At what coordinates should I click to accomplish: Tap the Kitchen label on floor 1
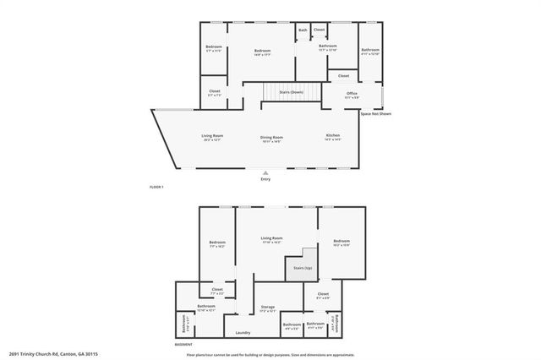tap(333, 137)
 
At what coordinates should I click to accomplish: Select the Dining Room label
tap(271, 138)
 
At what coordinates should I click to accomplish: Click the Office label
tap(352, 93)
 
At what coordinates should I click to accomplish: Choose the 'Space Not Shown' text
tap(376, 113)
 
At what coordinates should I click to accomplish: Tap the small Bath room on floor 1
tap(303, 30)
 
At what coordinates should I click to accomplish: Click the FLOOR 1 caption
tap(156, 186)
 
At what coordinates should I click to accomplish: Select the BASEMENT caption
tap(183, 345)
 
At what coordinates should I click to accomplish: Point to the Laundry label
tap(243, 332)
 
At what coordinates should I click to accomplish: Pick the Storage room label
tap(267, 308)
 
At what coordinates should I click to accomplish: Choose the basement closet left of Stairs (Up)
tap(217, 290)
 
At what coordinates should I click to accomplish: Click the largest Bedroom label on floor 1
tap(262, 52)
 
